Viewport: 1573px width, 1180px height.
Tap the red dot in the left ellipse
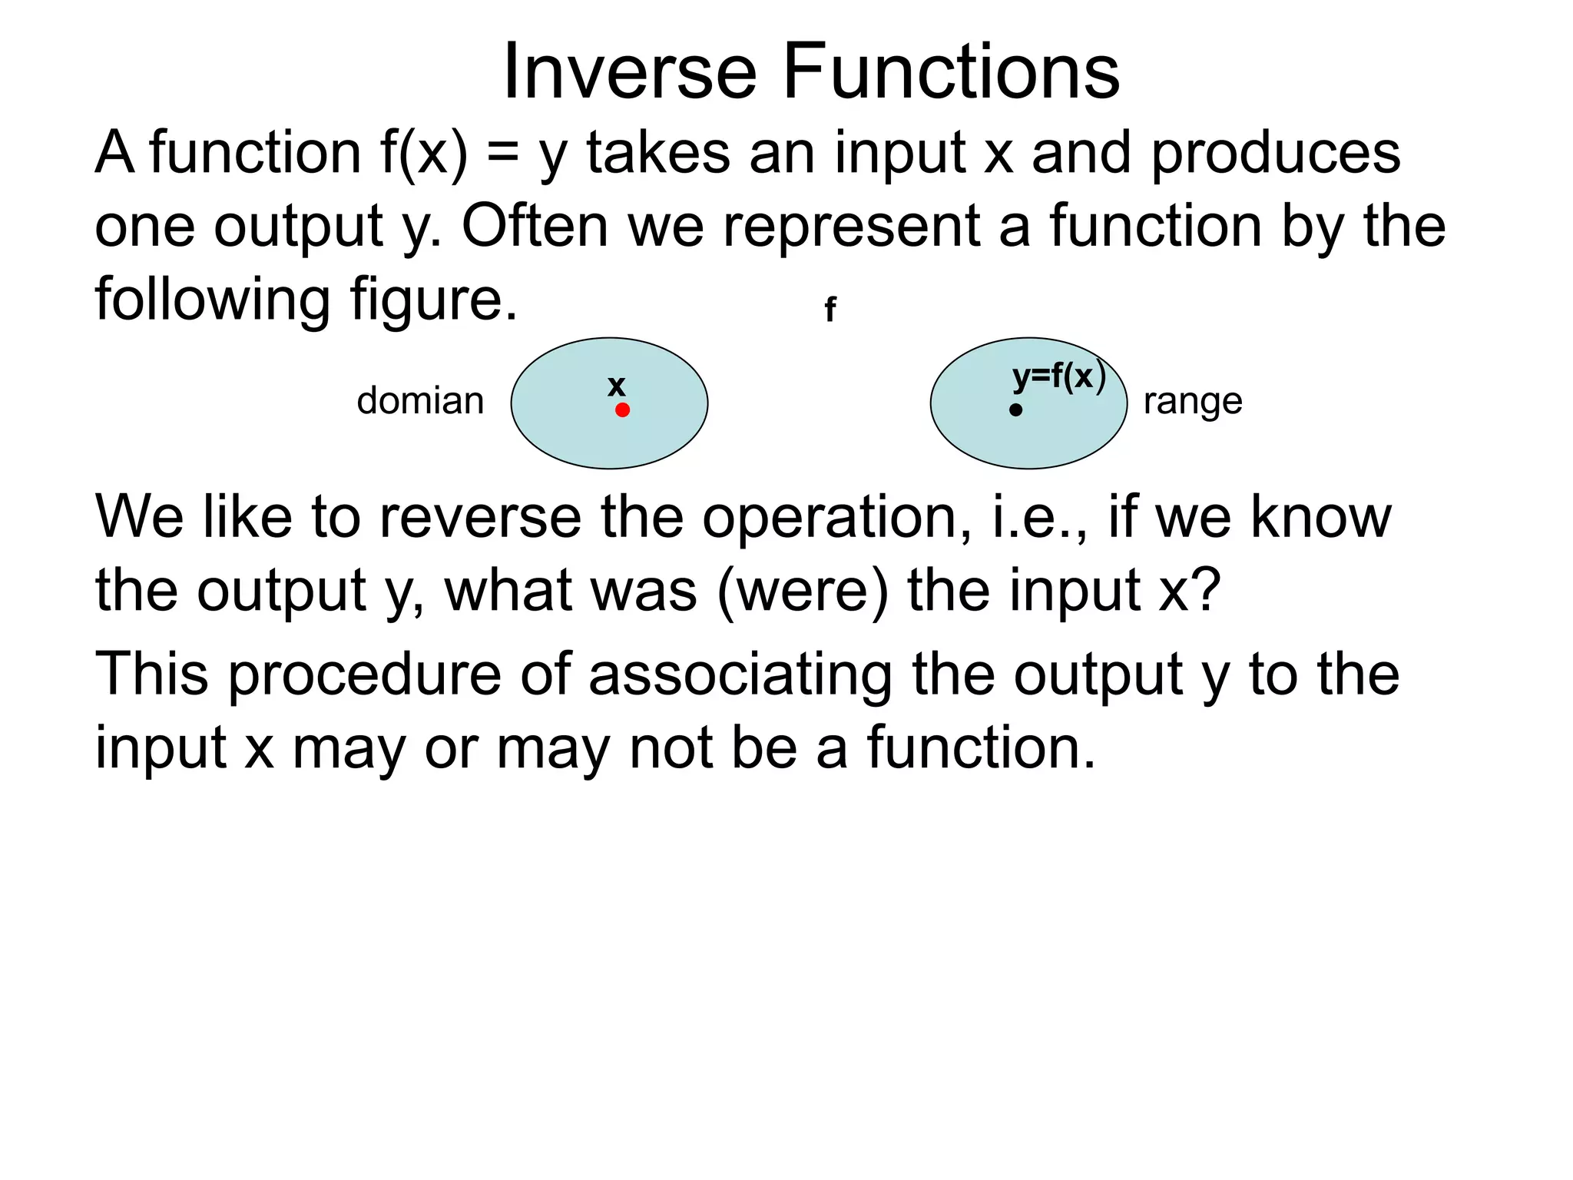click(x=622, y=410)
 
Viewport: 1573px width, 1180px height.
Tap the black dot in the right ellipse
click(x=1015, y=410)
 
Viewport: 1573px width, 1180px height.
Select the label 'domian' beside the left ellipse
click(x=420, y=401)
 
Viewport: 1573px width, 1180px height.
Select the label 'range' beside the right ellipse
click(x=1192, y=401)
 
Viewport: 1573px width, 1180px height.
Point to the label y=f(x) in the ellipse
click(x=1058, y=377)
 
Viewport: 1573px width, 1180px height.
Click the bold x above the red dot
click(x=616, y=386)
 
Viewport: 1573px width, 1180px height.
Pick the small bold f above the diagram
click(x=830, y=310)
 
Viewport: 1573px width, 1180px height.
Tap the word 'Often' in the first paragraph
click(x=535, y=226)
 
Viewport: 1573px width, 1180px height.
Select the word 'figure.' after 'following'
click(x=434, y=300)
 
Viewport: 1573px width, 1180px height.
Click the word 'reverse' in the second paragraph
click(x=481, y=517)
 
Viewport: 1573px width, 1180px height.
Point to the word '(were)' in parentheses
click(x=802, y=591)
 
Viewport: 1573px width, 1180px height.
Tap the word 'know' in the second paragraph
click(x=1320, y=517)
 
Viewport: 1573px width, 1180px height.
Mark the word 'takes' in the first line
click(x=658, y=152)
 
